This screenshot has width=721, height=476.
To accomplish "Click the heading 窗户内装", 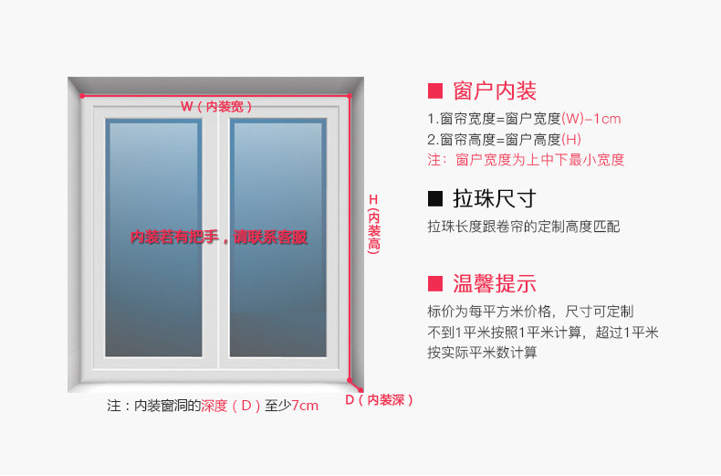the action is [495, 90].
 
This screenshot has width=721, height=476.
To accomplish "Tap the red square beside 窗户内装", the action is [435, 90].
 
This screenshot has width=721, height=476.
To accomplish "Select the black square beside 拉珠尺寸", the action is [435, 198].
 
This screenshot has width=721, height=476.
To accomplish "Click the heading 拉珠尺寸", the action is [495, 198].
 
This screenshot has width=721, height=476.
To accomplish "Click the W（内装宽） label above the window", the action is [216, 106].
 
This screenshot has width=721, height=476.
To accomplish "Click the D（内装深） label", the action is [380, 399].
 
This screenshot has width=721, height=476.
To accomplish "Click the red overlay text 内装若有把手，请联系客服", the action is [219, 238].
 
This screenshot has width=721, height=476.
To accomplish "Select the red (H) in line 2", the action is [571, 140].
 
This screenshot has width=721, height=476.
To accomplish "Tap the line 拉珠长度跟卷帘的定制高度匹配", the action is [523, 227].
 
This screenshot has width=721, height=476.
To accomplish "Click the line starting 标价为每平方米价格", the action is [530, 311].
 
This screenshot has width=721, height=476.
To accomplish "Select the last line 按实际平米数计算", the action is [482, 353].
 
